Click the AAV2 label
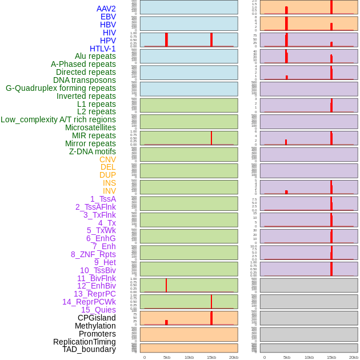[x=106, y=9]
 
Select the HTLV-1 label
[x=102, y=49]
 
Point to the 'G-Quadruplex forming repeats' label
[x=61, y=88]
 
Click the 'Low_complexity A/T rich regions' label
[x=58, y=119]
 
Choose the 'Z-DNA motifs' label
[x=92, y=151]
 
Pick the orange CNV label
[x=107, y=159]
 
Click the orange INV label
[x=109, y=191]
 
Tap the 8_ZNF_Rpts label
[x=93, y=254]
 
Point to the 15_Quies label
[x=98, y=310]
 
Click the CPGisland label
[x=97, y=318]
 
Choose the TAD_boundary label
[x=89, y=349]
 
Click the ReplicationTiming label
[x=84, y=342]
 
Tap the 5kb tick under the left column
[x=166, y=357]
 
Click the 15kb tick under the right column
[x=331, y=357]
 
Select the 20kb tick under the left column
[x=234, y=357]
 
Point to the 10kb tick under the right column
[x=309, y=357]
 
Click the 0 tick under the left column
[x=145, y=357]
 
